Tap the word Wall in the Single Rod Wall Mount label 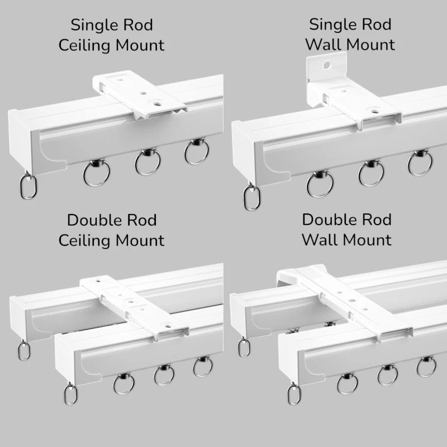[x=324, y=45]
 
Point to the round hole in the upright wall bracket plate [x=327, y=65]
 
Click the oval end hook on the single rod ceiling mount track [x=28, y=186]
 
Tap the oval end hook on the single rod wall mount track [x=252, y=197]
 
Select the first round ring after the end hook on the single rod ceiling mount [x=96, y=173]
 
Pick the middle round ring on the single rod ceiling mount [x=148, y=162]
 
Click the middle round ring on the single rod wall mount [x=371, y=174]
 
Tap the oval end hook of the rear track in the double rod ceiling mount [x=23, y=350]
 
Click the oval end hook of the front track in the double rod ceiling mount [x=70, y=393]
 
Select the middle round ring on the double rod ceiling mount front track [x=164, y=375]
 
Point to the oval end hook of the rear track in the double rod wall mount [x=244, y=346]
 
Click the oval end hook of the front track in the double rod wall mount [x=294, y=394]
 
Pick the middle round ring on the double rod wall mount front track [x=387, y=375]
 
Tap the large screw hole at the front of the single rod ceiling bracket [x=156, y=102]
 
